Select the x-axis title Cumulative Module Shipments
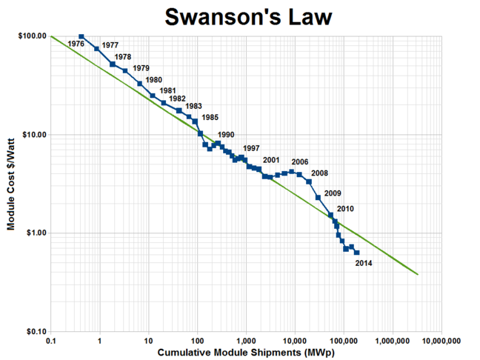[245, 353]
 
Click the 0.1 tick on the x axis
[50, 340]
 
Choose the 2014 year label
[364, 264]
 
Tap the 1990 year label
[226, 134]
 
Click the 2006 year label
[300, 162]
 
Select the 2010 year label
[345, 209]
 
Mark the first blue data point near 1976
[81, 36]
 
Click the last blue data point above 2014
[356, 253]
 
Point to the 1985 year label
[210, 118]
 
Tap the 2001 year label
[270, 160]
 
